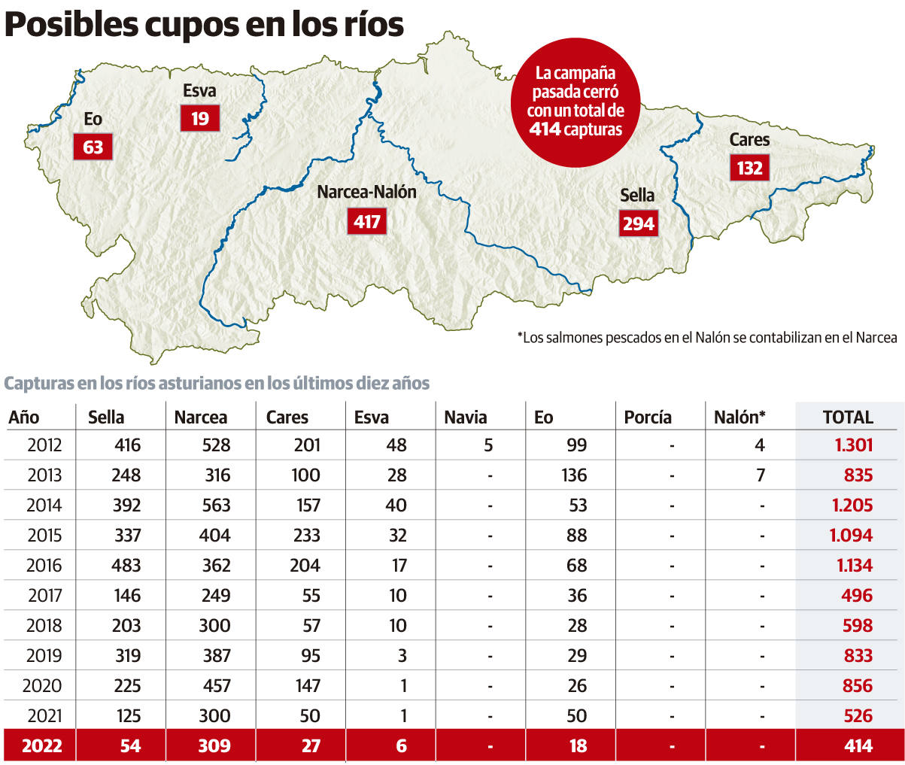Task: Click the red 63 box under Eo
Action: (x=93, y=147)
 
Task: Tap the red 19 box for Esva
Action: (x=199, y=119)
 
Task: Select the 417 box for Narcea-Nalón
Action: (x=367, y=221)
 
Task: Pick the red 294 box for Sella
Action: (x=639, y=223)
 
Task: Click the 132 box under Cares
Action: (x=749, y=168)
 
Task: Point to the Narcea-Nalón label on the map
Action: (x=366, y=192)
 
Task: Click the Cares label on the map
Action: (x=749, y=140)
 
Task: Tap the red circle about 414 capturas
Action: (x=575, y=102)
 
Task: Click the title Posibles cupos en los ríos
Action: (x=205, y=25)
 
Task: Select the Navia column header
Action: (x=465, y=417)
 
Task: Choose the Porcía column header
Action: (x=648, y=417)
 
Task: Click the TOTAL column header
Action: (x=848, y=417)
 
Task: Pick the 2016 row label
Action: (x=44, y=565)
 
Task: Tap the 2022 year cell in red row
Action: (x=42, y=746)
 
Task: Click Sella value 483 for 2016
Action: (x=126, y=565)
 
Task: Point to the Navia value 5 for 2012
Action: (x=488, y=445)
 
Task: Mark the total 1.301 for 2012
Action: (x=853, y=445)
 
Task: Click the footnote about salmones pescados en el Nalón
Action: (x=707, y=338)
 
